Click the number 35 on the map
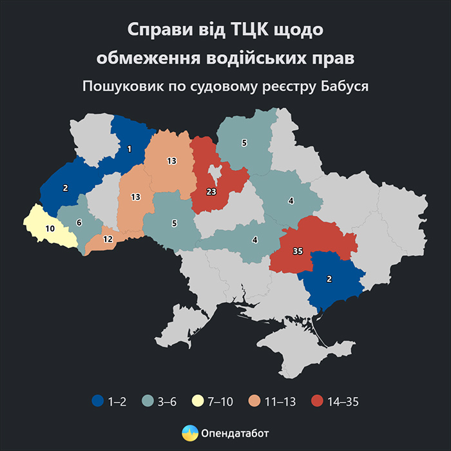point(298,251)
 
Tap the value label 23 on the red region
point(211,192)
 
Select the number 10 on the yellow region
point(50,228)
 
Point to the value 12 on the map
point(108,239)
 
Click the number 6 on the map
point(79,222)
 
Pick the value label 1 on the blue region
point(129,149)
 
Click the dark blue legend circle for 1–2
point(97,401)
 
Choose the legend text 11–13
point(281,401)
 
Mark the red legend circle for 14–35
point(316,401)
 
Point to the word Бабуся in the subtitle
point(345,86)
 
